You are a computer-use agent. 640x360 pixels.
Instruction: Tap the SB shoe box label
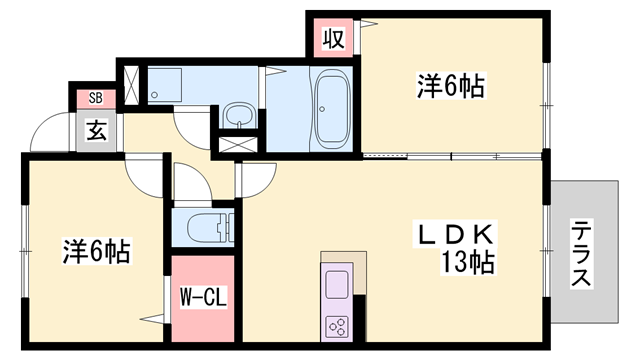pyautogui.click(x=96, y=97)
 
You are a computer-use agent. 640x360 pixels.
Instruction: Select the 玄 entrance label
pyautogui.click(x=96, y=130)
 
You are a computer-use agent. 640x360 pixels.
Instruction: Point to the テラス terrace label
pyautogui.click(x=581, y=254)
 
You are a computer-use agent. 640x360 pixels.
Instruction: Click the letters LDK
pyautogui.click(x=455, y=236)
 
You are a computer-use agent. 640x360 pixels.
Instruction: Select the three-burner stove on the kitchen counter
pyautogui.click(x=337, y=325)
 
